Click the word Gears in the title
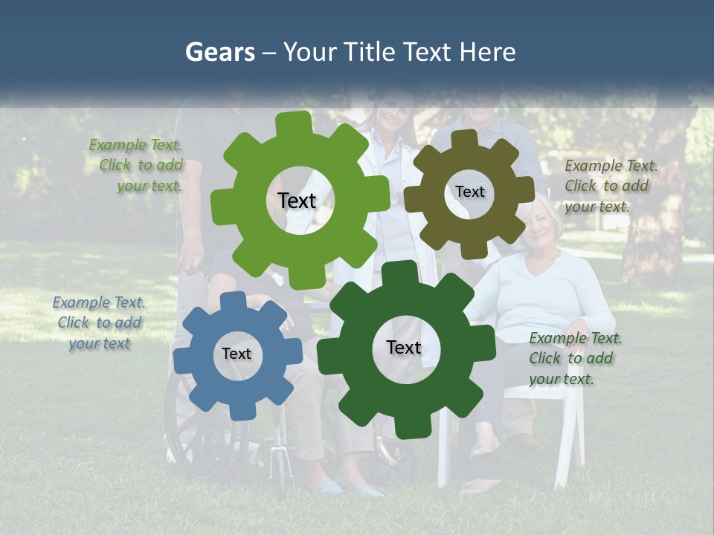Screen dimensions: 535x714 [219, 53]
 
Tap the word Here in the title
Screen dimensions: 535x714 [487, 53]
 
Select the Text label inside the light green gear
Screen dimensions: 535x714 [297, 201]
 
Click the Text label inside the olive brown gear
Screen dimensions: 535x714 [469, 192]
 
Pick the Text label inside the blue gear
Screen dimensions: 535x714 [236, 354]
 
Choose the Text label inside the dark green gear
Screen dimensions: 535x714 [404, 347]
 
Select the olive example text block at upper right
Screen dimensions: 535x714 [611, 186]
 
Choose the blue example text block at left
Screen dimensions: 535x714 [99, 322]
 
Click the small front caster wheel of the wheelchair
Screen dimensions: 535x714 [279, 476]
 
